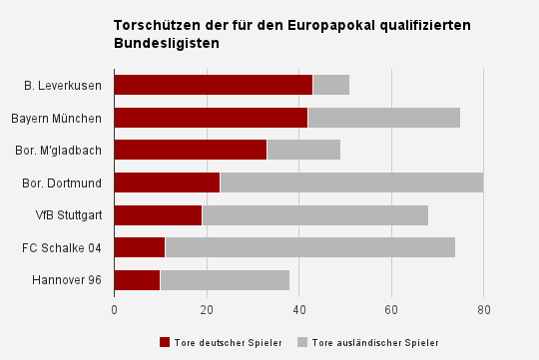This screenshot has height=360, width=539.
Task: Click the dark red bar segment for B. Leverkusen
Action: (214, 85)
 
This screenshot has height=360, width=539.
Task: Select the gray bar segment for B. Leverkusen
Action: (331, 85)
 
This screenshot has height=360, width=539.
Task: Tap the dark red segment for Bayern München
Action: (211, 118)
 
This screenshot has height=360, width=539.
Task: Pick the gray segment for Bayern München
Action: (384, 118)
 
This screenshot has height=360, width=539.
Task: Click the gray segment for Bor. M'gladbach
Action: (303, 150)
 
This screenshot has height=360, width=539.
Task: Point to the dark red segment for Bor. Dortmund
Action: (167, 182)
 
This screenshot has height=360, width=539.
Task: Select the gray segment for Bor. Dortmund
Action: (351, 182)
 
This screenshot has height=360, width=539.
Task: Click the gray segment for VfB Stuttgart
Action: (314, 215)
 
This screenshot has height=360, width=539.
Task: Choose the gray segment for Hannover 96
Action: (225, 280)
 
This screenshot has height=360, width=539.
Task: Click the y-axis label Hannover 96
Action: (67, 280)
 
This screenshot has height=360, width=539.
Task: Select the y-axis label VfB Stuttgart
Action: (69, 215)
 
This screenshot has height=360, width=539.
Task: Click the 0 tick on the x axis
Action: (115, 310)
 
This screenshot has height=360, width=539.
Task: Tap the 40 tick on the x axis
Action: (299, 310)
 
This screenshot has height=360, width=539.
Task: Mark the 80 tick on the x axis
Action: (483, 310)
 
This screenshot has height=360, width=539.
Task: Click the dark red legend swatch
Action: (165, 342)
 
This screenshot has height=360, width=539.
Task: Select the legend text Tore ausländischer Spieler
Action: (374, 342)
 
